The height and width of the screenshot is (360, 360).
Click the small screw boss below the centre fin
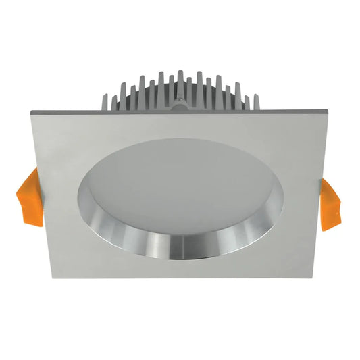tap(181, 104)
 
